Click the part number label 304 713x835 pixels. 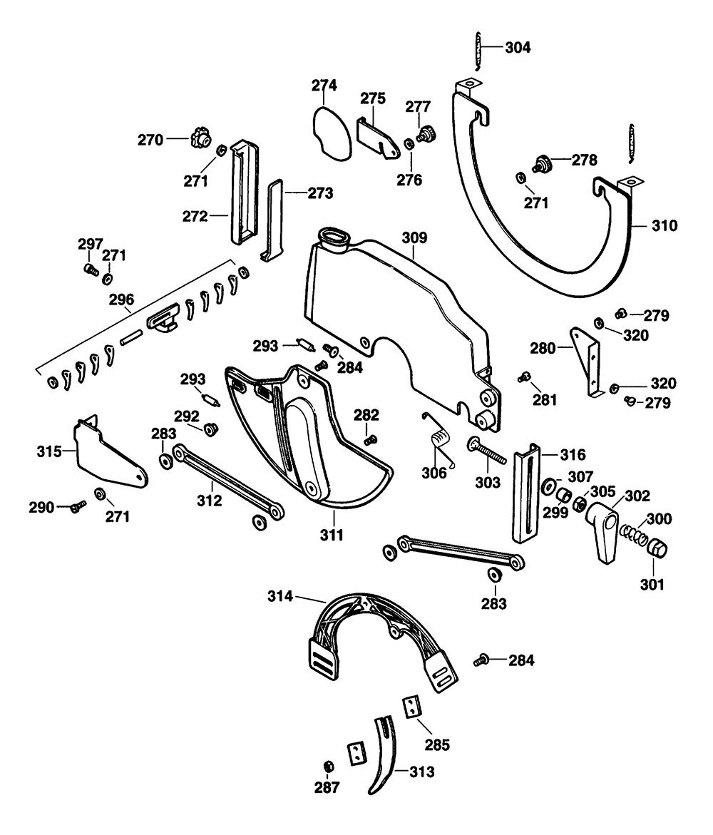point(518,48)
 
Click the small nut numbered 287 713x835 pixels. point(329,765)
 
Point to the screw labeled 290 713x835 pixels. point(78,506)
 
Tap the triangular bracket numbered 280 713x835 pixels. point(588,360)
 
